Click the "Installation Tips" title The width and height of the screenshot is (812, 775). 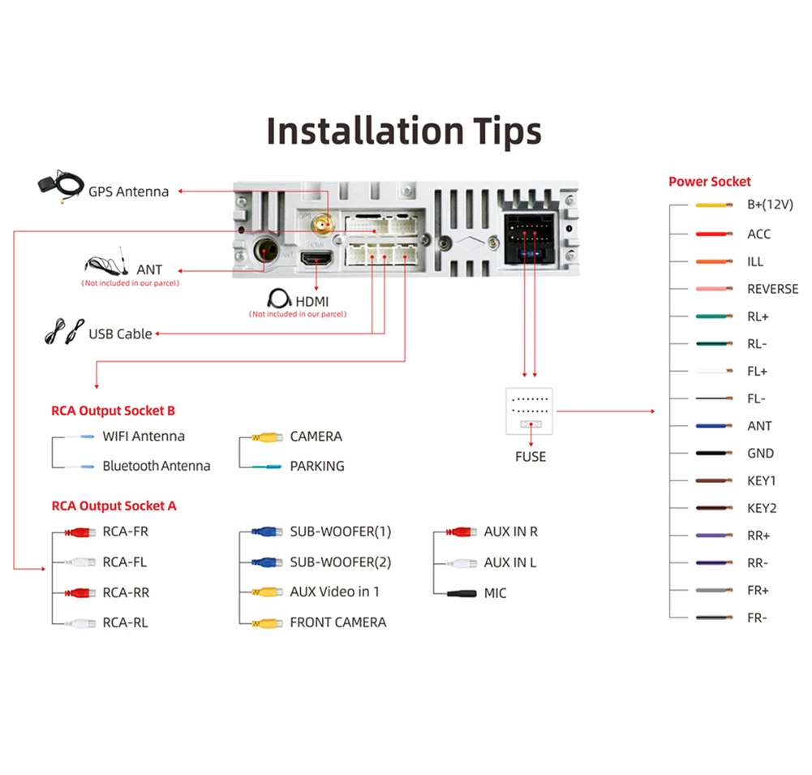(x=404, y=131)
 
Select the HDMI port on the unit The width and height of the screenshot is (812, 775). (x=316, y=260)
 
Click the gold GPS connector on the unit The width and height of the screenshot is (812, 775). (x=323, y=223)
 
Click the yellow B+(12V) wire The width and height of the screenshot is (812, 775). (x=715, y=205)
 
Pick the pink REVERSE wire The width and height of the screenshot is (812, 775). (x=715, y=289)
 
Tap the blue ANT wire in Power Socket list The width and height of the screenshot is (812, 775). (x=715, y=426)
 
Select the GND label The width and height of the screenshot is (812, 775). (x=760, y=454)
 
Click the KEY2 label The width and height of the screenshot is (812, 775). (x=761, y=509)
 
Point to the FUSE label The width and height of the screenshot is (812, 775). (x=531, y=457)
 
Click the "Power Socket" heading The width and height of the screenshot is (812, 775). (x=709, y=182)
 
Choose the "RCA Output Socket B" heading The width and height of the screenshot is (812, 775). (x=113, y=411)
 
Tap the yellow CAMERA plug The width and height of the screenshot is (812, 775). (x=267, y=437)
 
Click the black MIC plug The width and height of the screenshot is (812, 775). (x=461, y=593)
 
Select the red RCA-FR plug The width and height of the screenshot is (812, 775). (x=79, y=533)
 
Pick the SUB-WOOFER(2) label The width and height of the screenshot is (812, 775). (x=340, y=562)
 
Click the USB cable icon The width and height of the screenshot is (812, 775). (x=63, y=331)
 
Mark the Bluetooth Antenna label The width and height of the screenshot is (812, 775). (x=156, y=467)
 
